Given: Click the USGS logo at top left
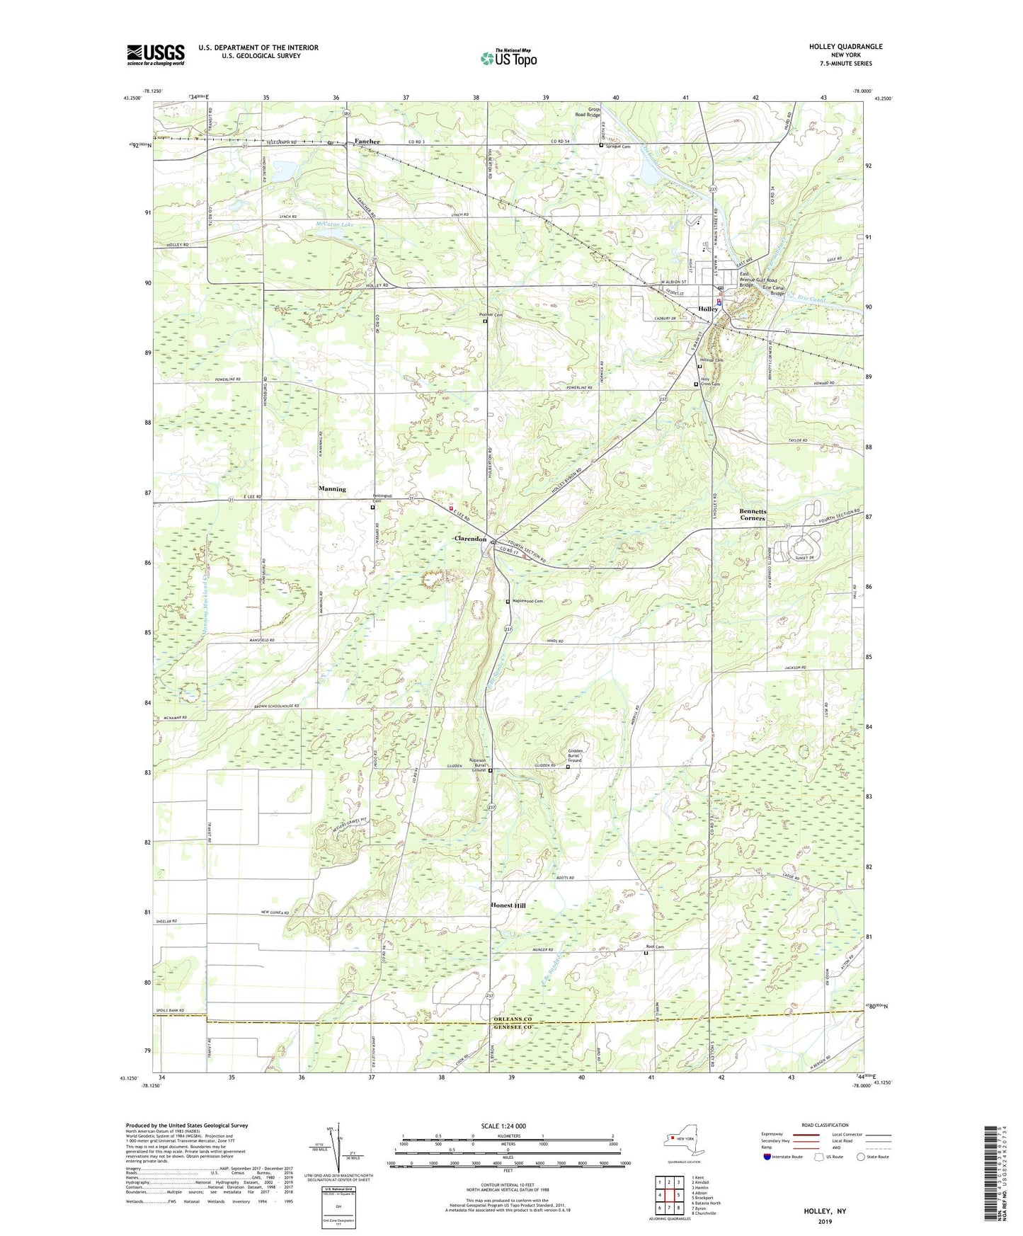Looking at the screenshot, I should coord(156,54).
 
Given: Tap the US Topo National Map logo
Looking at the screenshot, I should coord(508,57).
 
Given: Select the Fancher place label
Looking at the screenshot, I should coord(367,142).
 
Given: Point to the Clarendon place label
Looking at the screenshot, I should coord(470,539).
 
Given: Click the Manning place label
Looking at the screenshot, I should coord(332,489).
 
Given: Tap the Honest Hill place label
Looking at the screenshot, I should coord(508,905).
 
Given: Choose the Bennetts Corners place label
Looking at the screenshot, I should coord(753,515).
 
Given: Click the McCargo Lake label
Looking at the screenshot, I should coord(334,225).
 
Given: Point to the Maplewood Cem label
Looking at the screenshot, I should coord(527,601).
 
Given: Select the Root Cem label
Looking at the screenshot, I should coord(655,946).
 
